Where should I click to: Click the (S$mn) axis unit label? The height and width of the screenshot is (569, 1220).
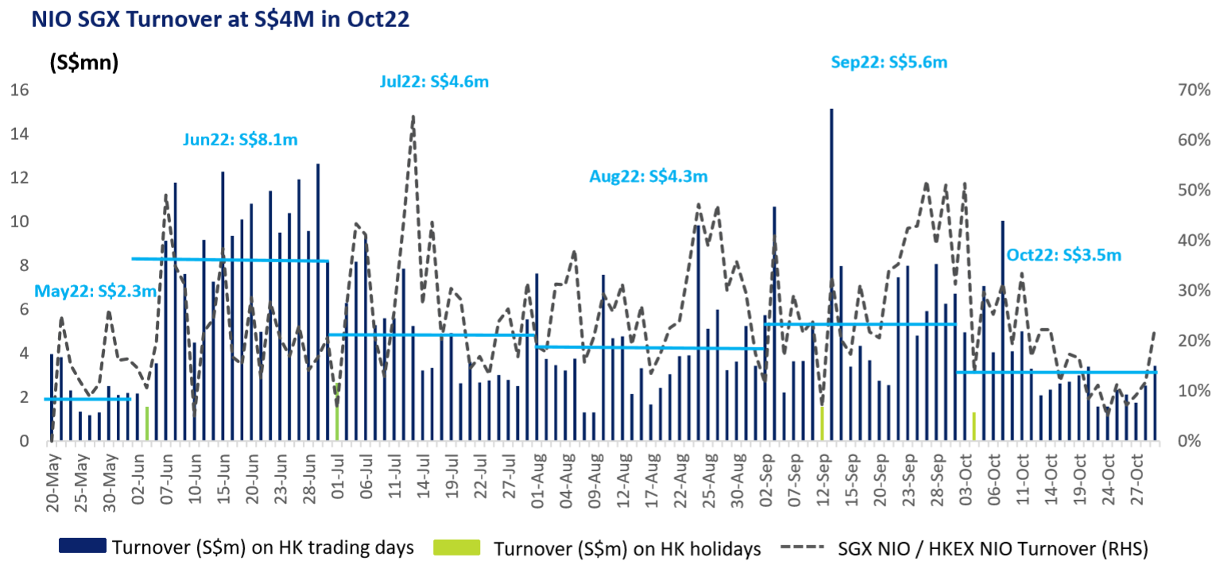coord(83,62)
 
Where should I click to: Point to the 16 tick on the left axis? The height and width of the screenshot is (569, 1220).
coord(19,91)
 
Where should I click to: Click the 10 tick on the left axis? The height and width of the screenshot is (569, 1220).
coord(19,222)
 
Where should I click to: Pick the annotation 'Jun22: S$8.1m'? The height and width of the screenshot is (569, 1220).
coord(240,140)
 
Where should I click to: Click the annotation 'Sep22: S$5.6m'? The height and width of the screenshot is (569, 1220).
coord(889,62)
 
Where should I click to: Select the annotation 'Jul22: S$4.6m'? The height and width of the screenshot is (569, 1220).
coord(434,81)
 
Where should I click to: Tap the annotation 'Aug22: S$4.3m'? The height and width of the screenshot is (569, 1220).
coord(649,176)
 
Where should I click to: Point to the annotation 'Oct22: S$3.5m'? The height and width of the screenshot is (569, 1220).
coord(1063,255)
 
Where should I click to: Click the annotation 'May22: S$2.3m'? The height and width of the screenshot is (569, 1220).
coord(95,291)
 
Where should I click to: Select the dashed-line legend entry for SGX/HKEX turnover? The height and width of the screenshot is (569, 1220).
coord(965,548)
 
